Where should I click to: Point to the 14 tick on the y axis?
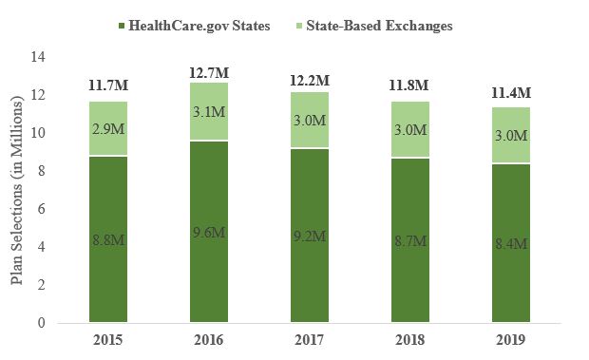(x=39, y=57)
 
